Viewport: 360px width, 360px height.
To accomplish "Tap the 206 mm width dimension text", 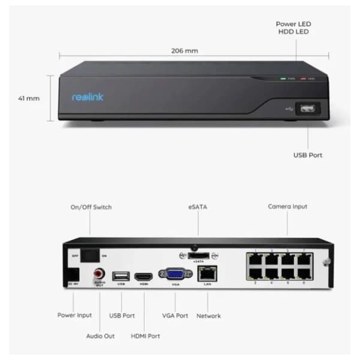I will coord(185,50).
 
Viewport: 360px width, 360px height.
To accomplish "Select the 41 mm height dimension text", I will coord(29,98).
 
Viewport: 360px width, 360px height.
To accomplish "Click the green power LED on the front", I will coord(283,79).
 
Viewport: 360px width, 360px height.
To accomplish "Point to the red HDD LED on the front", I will coord(304,79).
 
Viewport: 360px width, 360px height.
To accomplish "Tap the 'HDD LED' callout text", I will coord(293,32).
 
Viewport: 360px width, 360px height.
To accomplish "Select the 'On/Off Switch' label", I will coord(91,207).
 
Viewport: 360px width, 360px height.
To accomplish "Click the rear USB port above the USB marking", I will coord(120,275).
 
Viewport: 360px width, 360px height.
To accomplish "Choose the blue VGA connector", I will coord(175,275).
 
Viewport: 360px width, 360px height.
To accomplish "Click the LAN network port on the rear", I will coord(208,275).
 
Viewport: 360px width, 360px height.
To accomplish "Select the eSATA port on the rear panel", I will coord(197,254).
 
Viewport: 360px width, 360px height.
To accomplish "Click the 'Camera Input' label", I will coord(287,206).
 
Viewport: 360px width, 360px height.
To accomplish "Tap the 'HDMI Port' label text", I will coord(145,336).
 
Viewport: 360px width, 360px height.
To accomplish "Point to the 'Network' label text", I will coord(208,316).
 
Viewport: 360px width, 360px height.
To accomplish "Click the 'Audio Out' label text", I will coord(100,336).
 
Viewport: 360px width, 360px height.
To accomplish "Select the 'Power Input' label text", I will coord(74,315).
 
